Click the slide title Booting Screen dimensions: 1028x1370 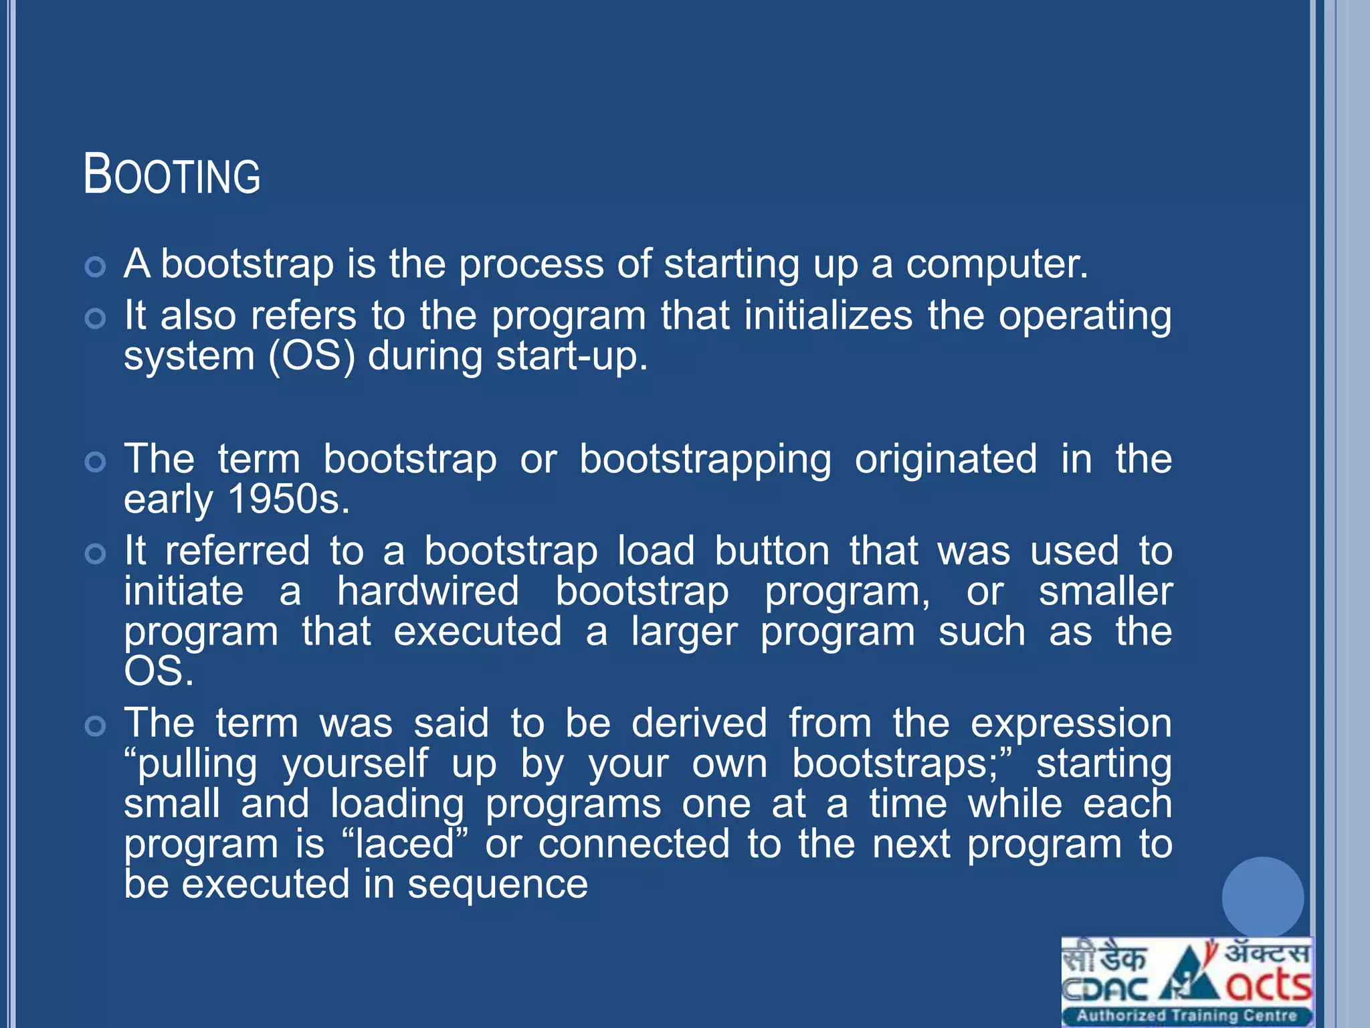172,174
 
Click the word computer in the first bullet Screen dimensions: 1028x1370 997,264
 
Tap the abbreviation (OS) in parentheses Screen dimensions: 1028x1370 311,356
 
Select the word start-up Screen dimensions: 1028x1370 572,356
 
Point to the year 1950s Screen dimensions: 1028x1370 288,499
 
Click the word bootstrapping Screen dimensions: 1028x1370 705,460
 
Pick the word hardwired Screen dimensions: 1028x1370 428,592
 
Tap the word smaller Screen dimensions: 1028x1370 1105,592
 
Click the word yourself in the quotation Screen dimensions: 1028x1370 355,764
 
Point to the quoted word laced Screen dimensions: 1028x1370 405,845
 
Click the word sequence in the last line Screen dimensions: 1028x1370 498,885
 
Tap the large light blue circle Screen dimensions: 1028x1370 1262,897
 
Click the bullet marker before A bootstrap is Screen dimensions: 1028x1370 96,267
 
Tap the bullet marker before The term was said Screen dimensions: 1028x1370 96,726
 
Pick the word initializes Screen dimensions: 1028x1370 828,316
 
